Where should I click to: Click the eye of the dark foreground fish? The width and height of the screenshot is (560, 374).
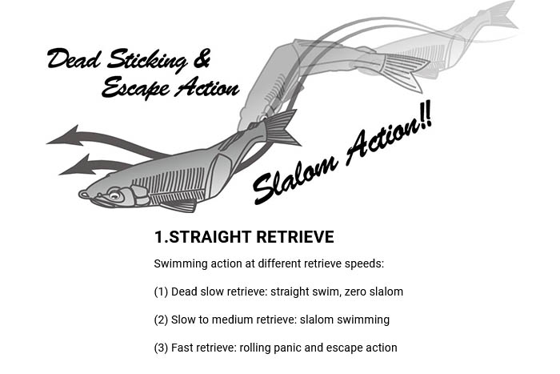pos(114,195)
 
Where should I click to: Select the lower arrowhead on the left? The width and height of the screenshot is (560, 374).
pos(76,166)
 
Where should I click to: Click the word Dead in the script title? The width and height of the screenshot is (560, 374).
pos(74,58)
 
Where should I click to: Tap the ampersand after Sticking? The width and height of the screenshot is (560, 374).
pos(202,58)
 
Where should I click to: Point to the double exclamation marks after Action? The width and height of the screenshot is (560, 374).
pos(426,115)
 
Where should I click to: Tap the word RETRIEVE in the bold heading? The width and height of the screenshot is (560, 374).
pos(295,237)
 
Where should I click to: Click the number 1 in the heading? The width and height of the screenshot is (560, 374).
pos(158,237)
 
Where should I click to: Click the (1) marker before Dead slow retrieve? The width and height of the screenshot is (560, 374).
pos(161,292)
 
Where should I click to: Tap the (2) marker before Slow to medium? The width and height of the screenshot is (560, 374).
pos(161,320)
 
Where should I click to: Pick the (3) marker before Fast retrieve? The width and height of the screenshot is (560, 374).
pos(161,348)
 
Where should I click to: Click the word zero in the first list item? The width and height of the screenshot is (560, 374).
pos(355,292)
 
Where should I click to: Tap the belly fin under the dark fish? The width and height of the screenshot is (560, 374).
pos(178,206)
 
